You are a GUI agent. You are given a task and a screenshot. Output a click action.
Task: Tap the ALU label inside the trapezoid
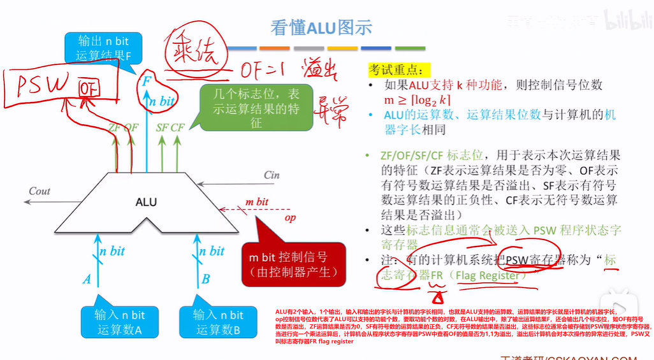pos(146,202)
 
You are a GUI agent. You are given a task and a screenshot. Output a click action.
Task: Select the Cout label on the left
pos(40,191)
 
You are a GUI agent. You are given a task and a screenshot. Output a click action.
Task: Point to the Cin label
pos(273,175)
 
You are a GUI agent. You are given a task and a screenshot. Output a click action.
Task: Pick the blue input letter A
pos(87,279)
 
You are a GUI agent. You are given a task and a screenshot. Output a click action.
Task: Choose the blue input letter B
pos(206,279)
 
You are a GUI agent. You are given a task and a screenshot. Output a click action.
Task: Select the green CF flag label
pos(177,127)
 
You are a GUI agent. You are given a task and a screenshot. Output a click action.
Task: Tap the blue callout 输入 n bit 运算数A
pos(119,322)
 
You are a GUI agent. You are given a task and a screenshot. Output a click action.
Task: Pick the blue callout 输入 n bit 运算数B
pos(217,322)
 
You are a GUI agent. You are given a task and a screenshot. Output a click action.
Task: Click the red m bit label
pos(257,202)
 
